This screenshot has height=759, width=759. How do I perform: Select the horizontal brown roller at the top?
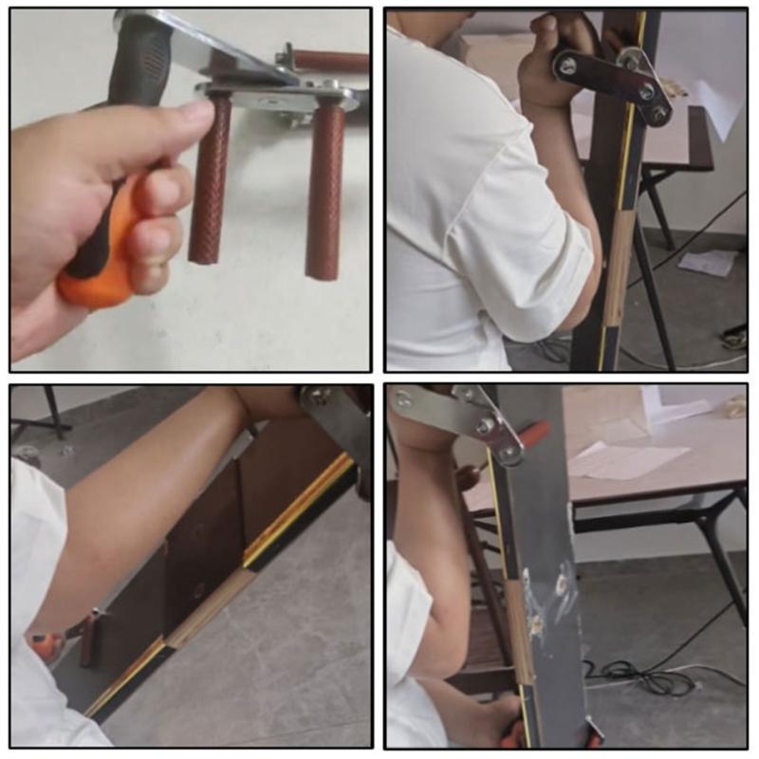(328, 61)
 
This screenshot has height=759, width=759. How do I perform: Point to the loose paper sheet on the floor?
(708, 262)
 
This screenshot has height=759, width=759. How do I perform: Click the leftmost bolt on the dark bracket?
(566, 65)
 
